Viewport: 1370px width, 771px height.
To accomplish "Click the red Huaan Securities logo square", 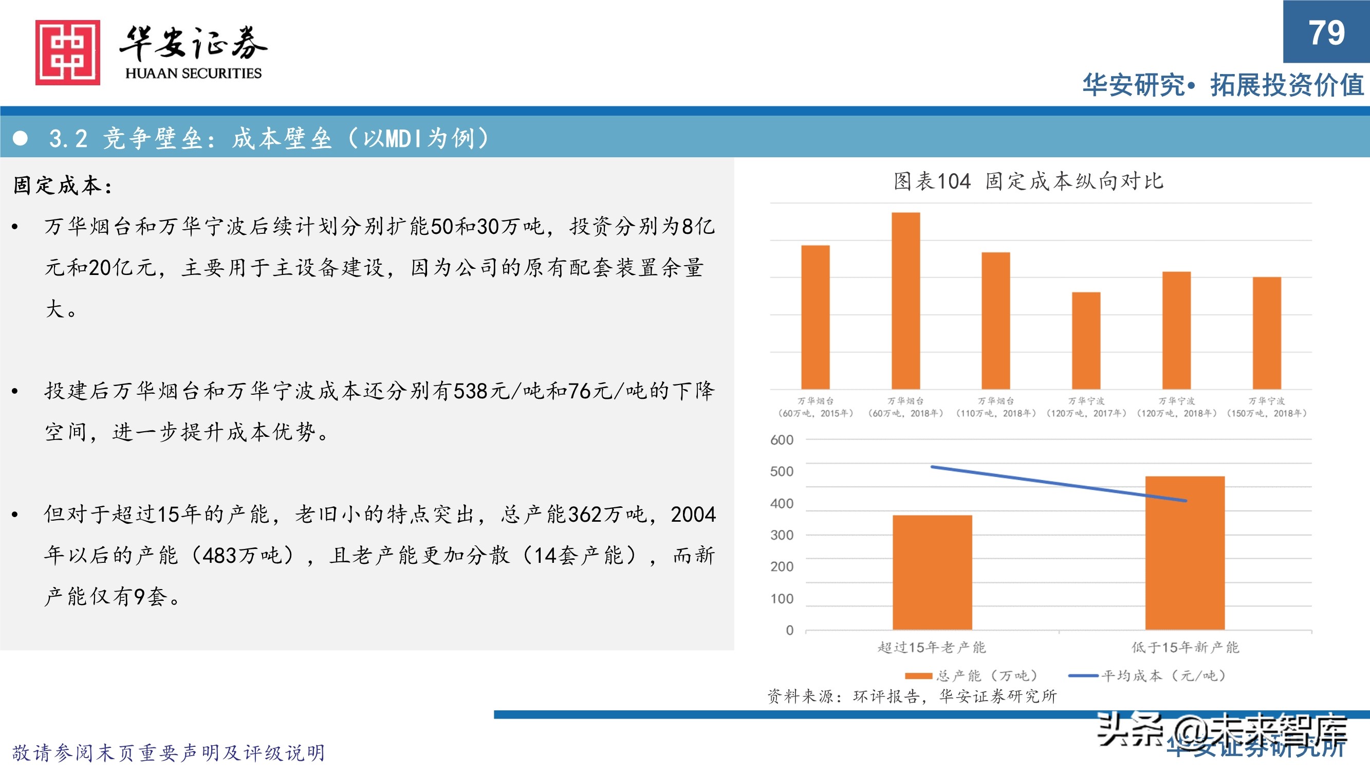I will [67, 52].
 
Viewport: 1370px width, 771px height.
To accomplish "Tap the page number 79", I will [1326, 33].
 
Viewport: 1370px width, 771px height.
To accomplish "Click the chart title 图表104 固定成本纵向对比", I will [1028, 181].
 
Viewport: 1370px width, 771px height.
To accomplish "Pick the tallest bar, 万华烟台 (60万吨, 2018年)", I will [905, 301].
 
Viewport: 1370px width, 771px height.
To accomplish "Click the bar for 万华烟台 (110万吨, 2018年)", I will [995, 320].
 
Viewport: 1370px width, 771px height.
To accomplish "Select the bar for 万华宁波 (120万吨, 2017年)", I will [1086, 341].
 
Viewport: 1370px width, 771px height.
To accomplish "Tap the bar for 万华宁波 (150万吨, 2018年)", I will [1267, 333].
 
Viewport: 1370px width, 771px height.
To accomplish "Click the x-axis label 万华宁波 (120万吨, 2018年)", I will [1176, 407].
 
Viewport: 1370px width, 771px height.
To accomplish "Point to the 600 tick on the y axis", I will [781, 440].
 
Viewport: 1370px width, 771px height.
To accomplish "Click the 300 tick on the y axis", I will [781, 535].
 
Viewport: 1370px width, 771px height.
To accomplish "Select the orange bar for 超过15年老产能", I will [932, 572].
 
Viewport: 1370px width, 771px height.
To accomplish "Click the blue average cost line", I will [1059, 484].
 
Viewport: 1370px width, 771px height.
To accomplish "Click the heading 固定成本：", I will [63, 186].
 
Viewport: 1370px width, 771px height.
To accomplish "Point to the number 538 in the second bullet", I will [470, 391].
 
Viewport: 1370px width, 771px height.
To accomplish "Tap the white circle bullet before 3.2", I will [20, 138].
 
